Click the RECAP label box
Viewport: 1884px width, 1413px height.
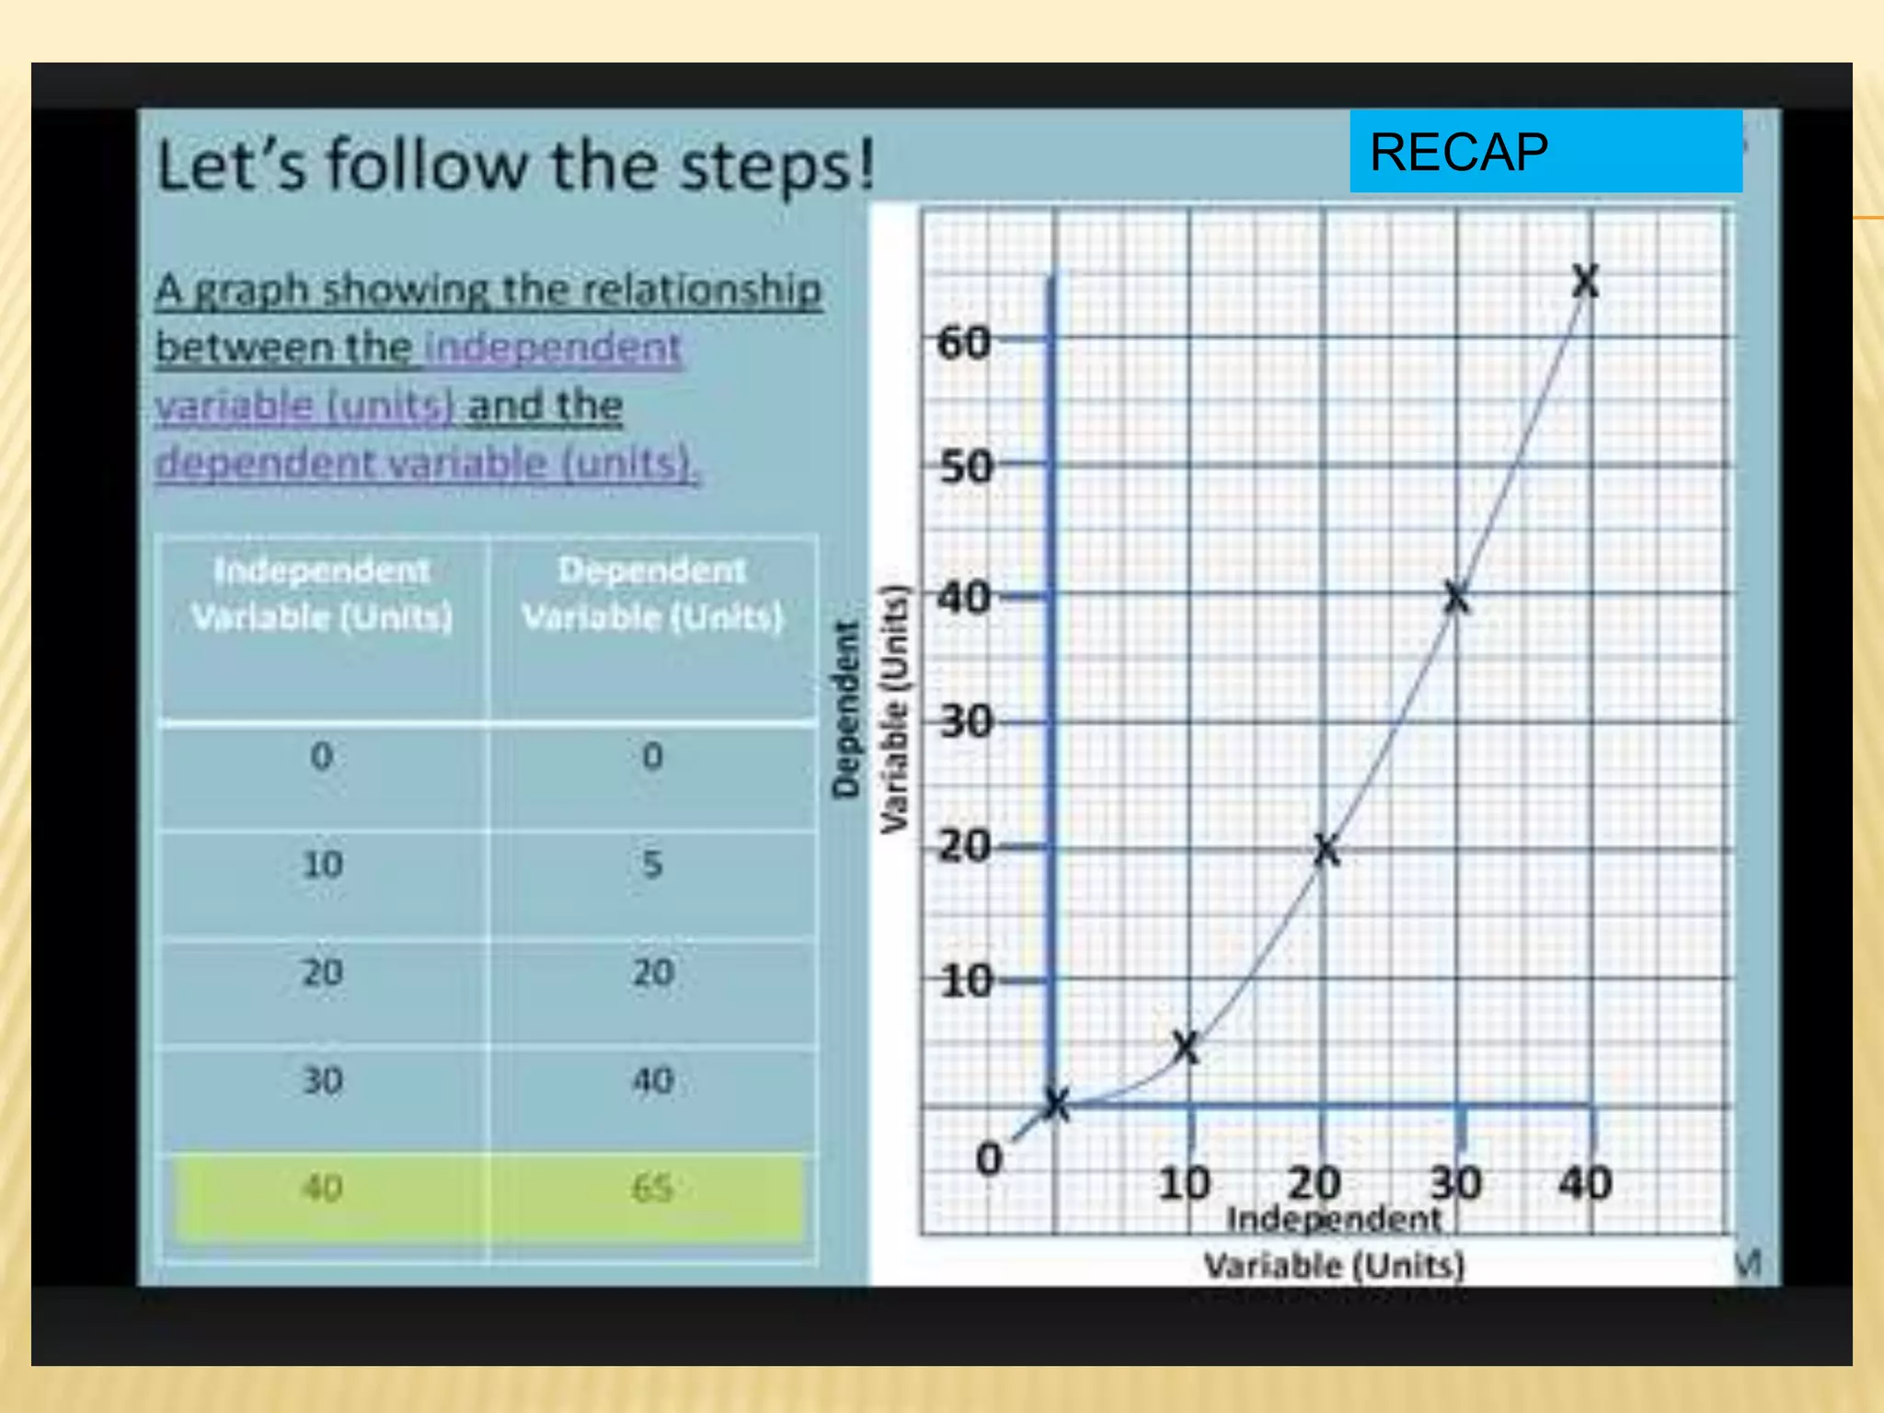click(x=1545, y=152)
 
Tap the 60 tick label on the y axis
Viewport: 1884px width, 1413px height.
click(x=963, y=343)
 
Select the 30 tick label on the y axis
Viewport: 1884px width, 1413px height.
click(x=966, y=722)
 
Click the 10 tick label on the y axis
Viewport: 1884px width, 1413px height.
click(x=966, y=982)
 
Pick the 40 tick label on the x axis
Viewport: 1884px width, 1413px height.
click(x=1584, y=1183)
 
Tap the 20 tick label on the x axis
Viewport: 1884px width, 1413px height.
click(x=1314, y=1183)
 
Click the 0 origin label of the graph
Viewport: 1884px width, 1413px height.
click(x=989, y=1159)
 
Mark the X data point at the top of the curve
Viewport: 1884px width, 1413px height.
click(x=1585, y=281)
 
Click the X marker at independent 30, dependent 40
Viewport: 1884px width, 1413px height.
click(x=1456, y=598)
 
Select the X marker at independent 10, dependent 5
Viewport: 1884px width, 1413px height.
click(x=1187, y=1047)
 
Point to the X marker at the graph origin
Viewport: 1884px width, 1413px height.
click(x=1057, y=1105)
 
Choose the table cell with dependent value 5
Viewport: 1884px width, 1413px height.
click(x=651, y=865)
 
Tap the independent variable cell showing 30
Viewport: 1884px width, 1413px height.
click(x=322, y=1081)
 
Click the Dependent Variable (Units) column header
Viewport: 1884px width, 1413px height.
click(x=651, y=593)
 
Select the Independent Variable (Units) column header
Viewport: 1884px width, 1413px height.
click(x=322, y=593)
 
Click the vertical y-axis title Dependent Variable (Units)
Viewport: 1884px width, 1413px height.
click(x=869, y=708)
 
